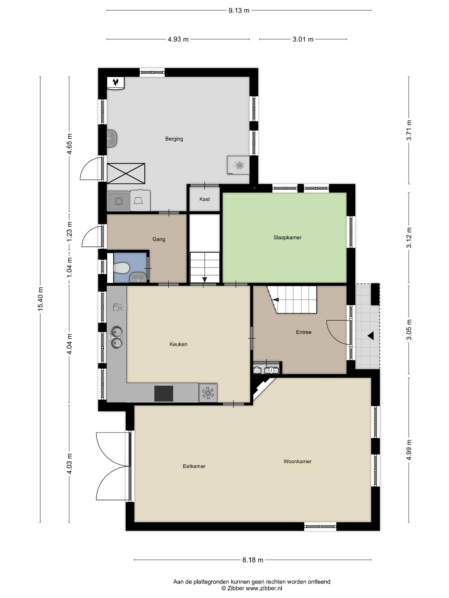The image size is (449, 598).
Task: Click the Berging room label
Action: (x=174, y=139)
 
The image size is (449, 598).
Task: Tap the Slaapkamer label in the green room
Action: (x=287, y=238)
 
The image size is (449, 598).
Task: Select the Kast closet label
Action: (x=205, y=199)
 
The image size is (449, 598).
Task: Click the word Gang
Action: (x=159, y=239)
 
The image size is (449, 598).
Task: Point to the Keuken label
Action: (x=178, y=344)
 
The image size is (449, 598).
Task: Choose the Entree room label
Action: (x=303, y=332)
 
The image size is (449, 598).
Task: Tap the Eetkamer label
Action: (x=194, y=466)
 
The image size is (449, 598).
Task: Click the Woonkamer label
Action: (x=297, y=461)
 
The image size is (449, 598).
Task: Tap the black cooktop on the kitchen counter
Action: (x=164, y=394)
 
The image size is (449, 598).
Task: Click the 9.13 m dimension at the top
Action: (x=239, y=11)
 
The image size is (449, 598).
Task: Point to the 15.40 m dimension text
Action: (x=40, y=299)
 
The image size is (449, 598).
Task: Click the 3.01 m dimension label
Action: (x=303, y=39)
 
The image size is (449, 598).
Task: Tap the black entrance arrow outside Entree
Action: (x=371, y=336)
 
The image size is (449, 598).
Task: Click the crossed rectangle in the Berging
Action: (x=126, y=173)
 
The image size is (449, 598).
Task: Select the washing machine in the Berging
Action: (x=118, y=201)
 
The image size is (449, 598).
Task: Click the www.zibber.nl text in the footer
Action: (x=264, y=588)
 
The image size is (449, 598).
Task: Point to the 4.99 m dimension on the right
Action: (x=409, y=450)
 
